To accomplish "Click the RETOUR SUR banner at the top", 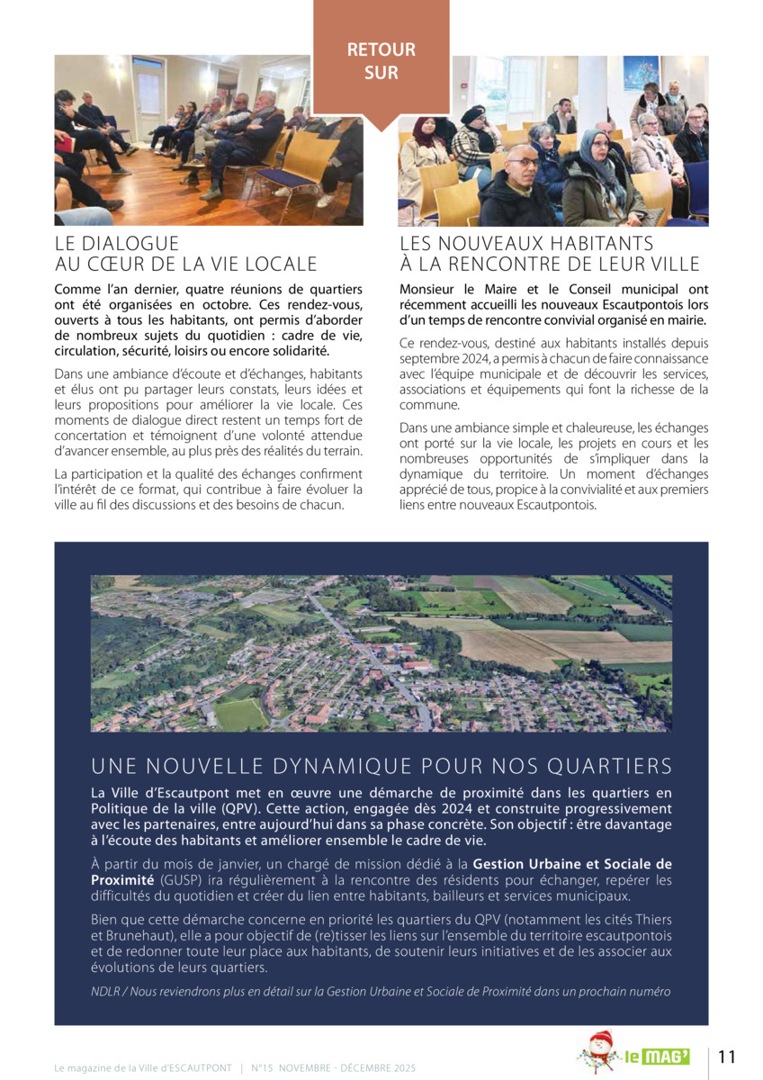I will pos(381,61).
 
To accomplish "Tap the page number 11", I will pos(727,1057).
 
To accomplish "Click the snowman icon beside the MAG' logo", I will pos(598,1052).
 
